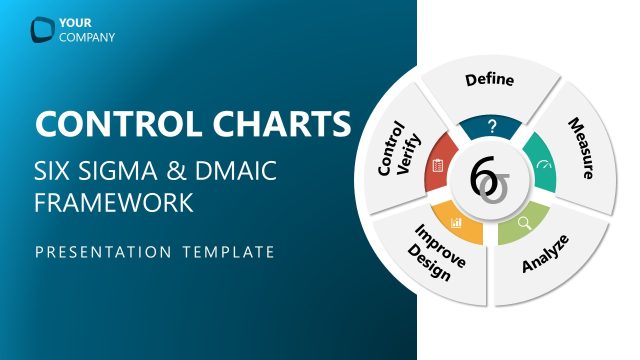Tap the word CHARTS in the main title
tap(282, 125)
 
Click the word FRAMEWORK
tap(113, 202)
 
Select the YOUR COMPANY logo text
tap(88, 30)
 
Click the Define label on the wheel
tap(490, 79)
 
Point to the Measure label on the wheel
tap(588, 148)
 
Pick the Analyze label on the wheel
tap(546, 253)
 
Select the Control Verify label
tap(393, 150)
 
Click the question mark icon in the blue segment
tap(491, 126)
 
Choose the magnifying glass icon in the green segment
tap(522, 222)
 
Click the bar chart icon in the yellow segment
tap(456, 222)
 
